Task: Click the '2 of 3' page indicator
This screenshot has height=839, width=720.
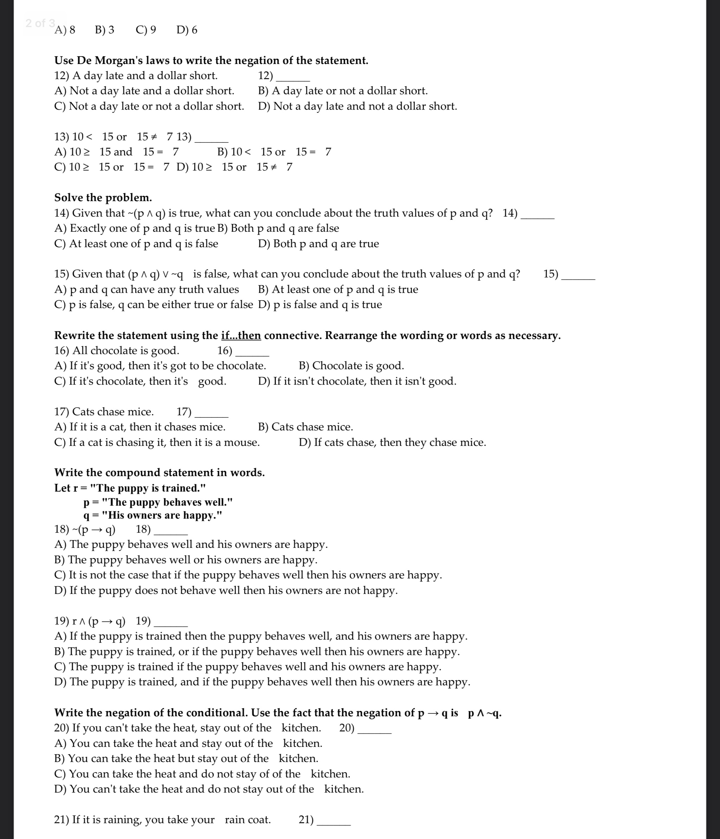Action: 40,23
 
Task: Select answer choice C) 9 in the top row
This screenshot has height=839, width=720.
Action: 146,30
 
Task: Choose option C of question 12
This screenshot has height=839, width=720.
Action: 149,107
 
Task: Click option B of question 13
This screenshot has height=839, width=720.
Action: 274,152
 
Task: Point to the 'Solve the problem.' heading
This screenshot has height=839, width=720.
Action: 103,198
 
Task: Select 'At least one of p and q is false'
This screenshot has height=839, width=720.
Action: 136,244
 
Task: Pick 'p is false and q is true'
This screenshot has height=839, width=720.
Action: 320,305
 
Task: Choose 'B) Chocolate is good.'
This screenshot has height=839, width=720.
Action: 351,366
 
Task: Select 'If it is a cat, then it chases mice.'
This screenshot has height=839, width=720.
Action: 140,427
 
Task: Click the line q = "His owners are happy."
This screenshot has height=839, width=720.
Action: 153,515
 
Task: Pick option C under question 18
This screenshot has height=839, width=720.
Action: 248,575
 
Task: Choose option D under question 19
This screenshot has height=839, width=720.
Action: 262,682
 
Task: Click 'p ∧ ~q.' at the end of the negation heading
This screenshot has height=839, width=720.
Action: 484,713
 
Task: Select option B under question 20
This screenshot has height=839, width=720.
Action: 186,758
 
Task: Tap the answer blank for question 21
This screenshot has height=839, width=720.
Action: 334,821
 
